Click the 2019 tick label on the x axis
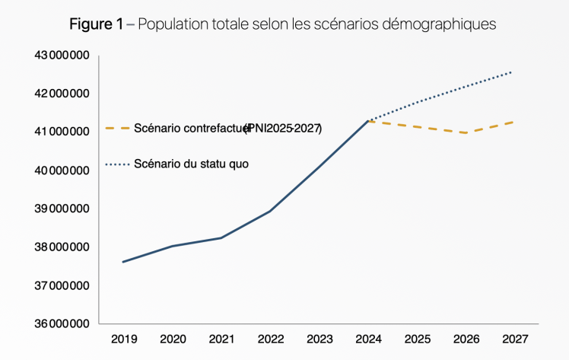pos(123,339)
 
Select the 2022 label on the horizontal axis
pos(270,339)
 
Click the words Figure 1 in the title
pos(96,24)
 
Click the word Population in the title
pos(176,24)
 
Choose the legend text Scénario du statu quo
pos(191,164)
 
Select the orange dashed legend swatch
pos(115,129)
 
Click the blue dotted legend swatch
pos(115,164)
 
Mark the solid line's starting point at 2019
pos(123,262)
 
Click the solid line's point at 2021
pos(221,238)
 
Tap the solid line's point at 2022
pos(270,211)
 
